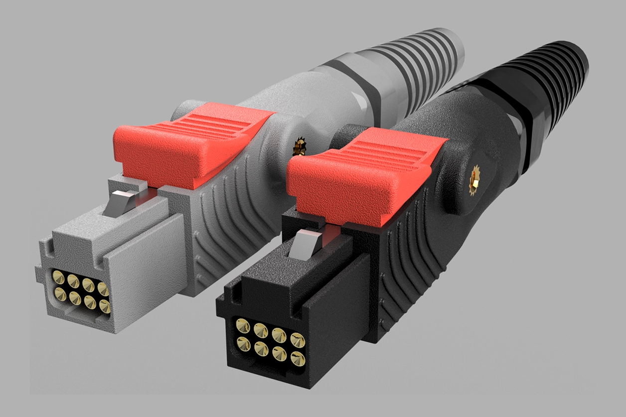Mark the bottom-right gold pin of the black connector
298,358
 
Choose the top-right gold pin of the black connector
298,340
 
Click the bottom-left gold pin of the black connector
244,343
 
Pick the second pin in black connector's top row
261,330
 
